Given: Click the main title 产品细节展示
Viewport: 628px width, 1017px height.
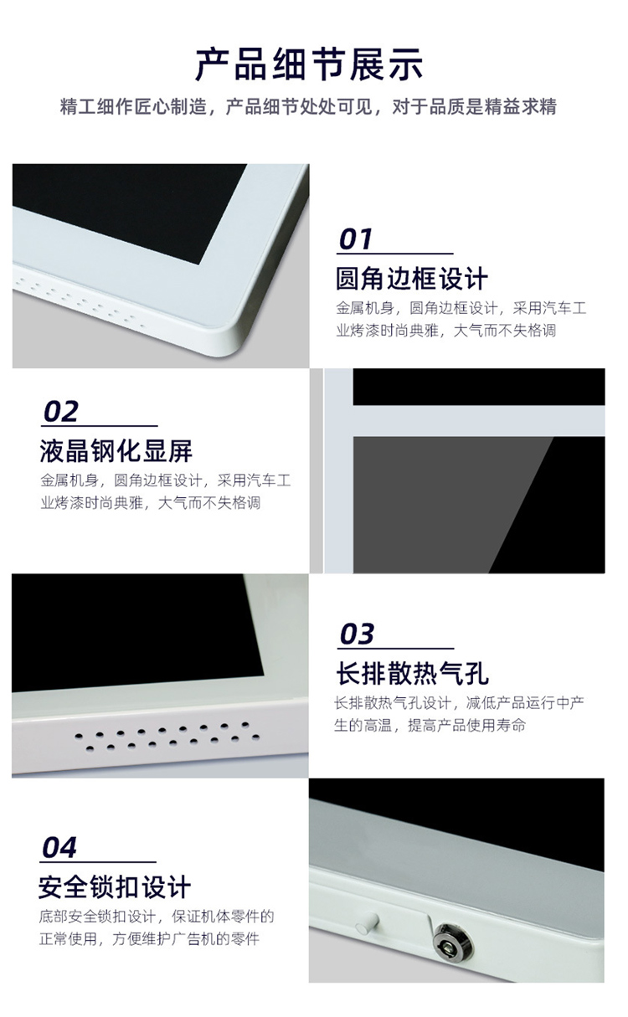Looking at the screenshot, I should [x=309, y=64].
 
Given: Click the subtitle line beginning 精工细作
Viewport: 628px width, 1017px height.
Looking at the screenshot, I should [x=309, y=107].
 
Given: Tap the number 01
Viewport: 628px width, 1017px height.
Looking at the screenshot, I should [x=356, y=239].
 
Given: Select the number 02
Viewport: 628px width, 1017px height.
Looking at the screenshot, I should [x=60, y=411].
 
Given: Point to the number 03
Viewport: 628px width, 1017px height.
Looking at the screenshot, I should [x=357, y=634].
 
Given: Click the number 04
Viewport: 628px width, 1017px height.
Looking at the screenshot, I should [x=59, y=847].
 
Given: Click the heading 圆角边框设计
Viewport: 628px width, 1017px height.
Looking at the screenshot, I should [x=411, y=279].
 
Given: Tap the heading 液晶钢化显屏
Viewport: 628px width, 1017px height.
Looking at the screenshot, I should [x=116, y=451].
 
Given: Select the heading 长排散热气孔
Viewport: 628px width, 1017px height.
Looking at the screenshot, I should [x=411, y=673].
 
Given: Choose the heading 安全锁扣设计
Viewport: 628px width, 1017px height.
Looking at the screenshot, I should [x=115, y=886].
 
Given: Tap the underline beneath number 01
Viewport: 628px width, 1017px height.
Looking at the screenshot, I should [x=394, y=254].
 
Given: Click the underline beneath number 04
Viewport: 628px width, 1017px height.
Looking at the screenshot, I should [x=98, y=862].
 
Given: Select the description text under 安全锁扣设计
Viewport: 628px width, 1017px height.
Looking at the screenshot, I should [x=156, y=927].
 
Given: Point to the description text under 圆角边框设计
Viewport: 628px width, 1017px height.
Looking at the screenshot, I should [x=460, y=320].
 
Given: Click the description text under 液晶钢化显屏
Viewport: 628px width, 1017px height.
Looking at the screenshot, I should [x=164, y=492].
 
